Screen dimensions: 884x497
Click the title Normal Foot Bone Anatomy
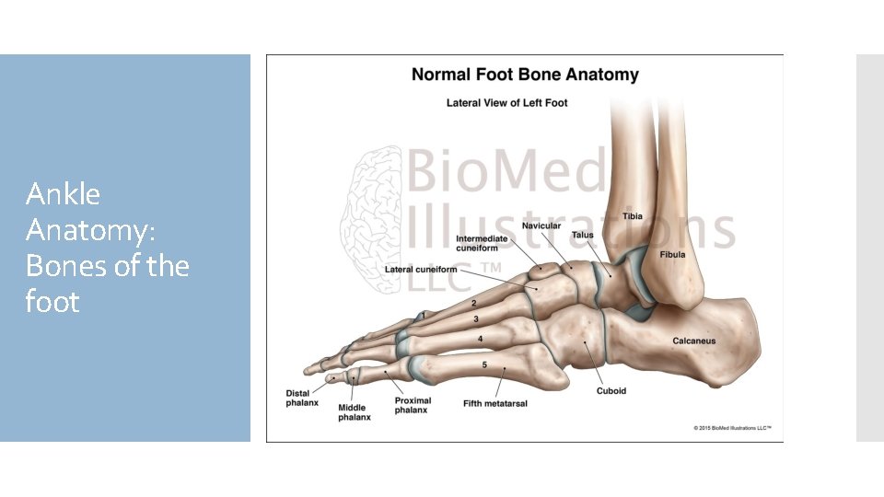pos(524,75)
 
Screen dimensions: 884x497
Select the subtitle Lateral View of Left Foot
pos(506,103)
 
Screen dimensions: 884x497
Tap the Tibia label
pos(633,216)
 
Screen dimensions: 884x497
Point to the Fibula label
pos(672,254)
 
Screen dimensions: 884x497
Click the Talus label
pos(583,235)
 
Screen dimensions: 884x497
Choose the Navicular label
pos(541,225)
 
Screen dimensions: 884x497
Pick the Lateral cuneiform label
pos(421,269)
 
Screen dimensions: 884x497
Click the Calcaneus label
pos(693,341)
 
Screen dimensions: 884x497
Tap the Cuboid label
pos(611,390)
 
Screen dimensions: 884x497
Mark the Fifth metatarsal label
pos(495,403)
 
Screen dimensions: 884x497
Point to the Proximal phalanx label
pos(412,405)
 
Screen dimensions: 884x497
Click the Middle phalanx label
pos(354,412)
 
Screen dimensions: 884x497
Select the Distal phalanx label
pos(303,398)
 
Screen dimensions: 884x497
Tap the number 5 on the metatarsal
pos(484,365)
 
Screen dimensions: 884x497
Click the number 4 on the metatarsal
pos(481,339)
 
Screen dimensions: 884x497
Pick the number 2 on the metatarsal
pos(474,303)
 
